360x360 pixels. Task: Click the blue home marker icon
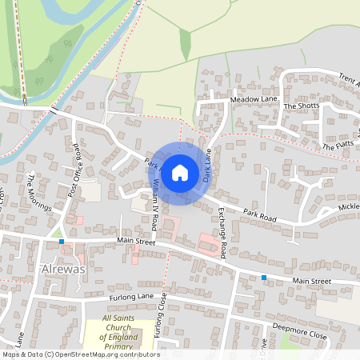[x=180, y=172]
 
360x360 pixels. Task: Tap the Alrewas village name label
[x=61, y=270]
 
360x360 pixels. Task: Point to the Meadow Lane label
[x=253, y=99]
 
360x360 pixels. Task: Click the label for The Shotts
[x=301, y=106]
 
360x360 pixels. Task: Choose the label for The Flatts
[x=338, y=146]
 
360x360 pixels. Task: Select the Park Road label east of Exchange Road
[x=260, y=216]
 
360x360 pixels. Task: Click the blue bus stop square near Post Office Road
[x=61, y=241]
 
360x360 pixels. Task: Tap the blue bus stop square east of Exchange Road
[x=263, y=278]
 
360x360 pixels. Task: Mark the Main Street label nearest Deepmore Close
[x=311, y=282]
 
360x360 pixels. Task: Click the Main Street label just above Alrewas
[x=136, y=239]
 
